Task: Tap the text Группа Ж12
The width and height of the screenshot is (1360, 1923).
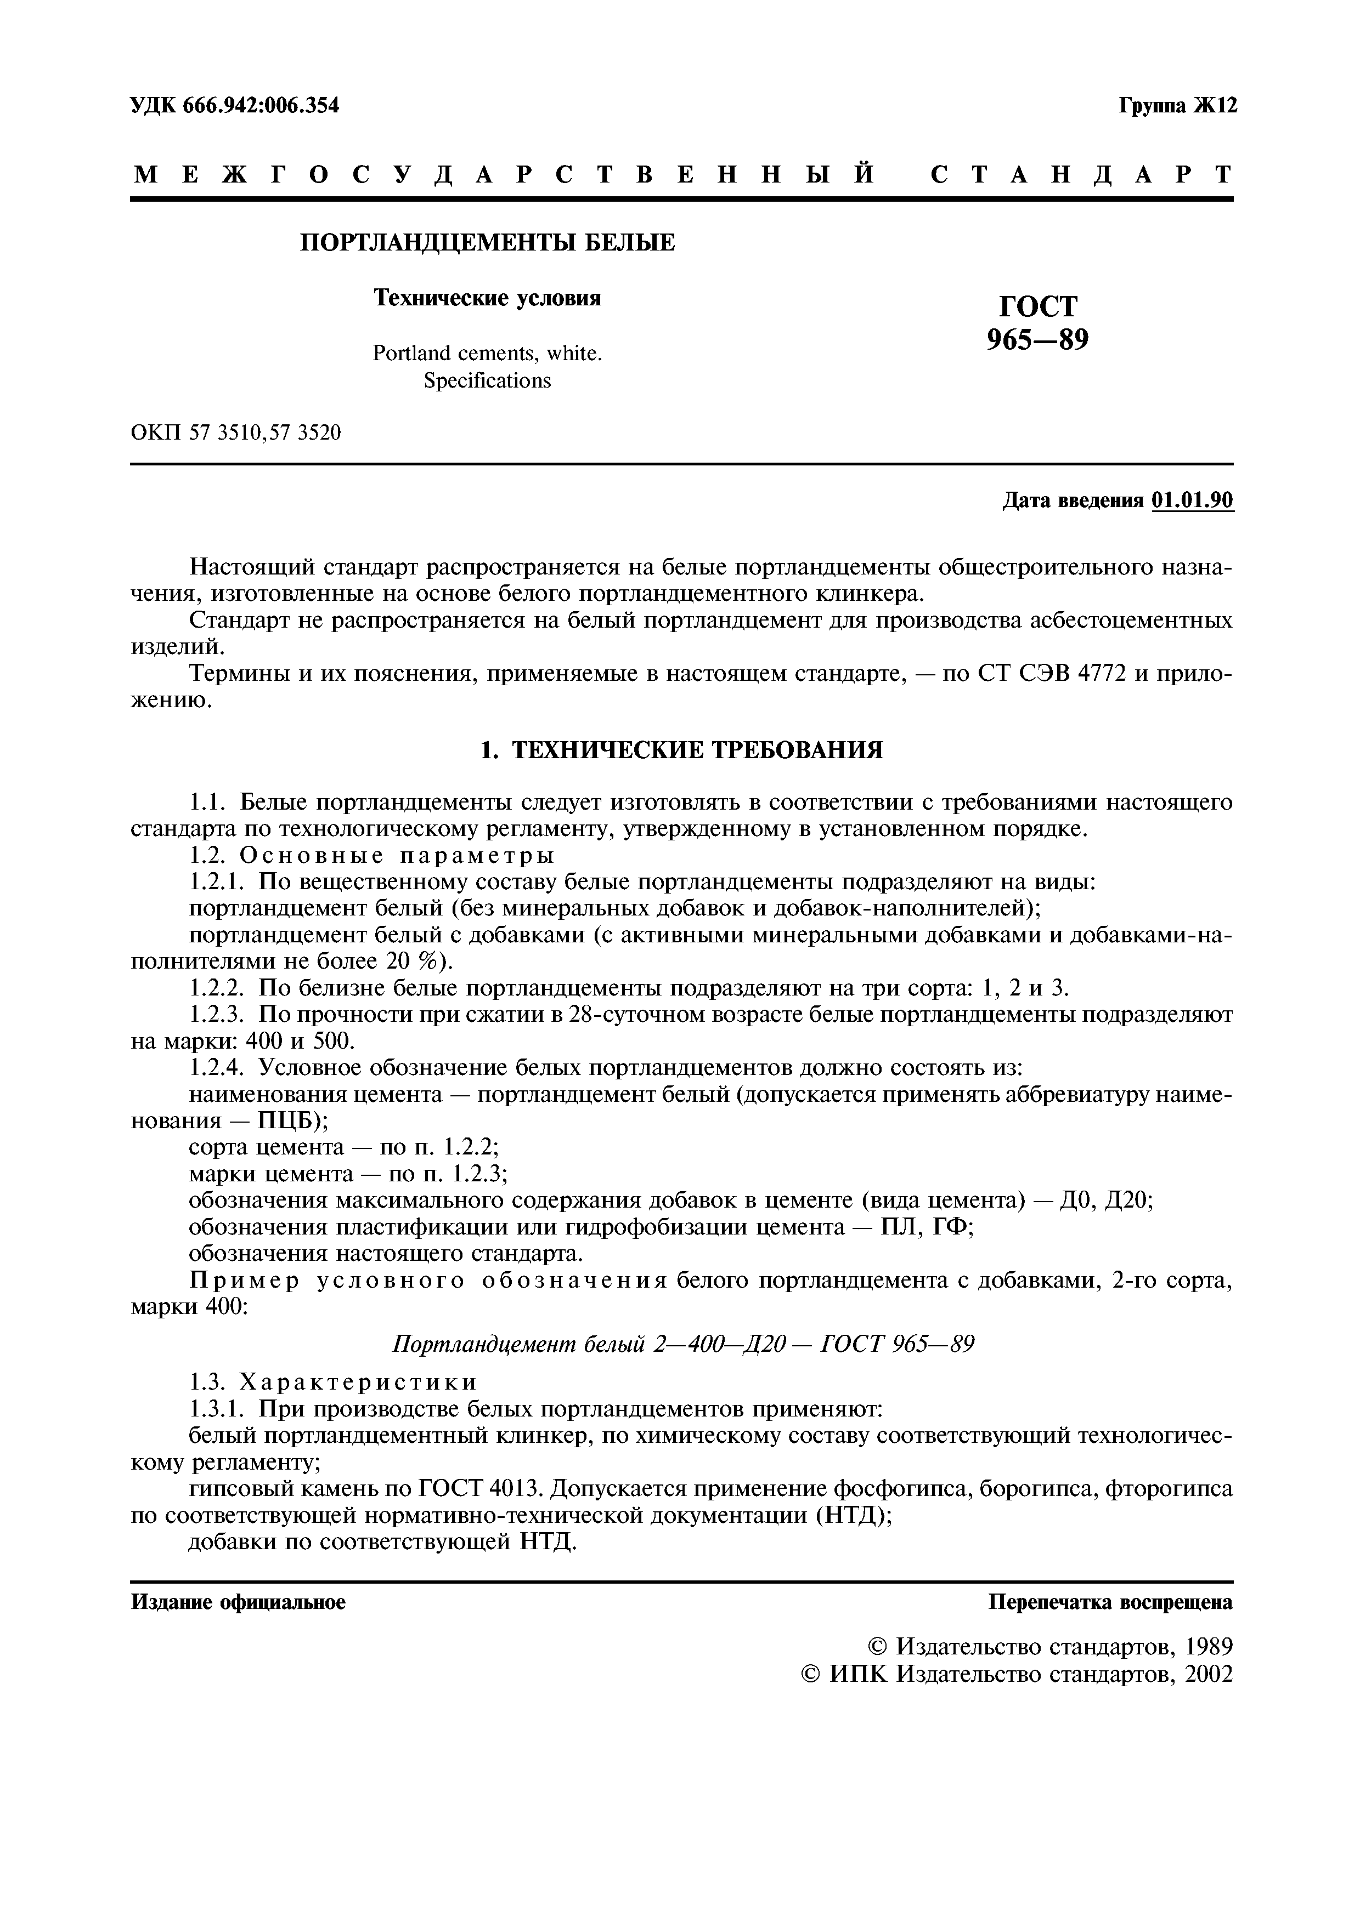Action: pos(1177,106)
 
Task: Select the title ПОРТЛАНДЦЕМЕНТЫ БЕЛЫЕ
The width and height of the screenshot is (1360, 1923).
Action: pos(488,243)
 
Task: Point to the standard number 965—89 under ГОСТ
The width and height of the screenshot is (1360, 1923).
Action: pos(1037,340)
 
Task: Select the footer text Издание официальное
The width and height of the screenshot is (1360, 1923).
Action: pos(238,1602)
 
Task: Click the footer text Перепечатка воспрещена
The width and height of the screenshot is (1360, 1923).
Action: pos(1110,1602)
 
